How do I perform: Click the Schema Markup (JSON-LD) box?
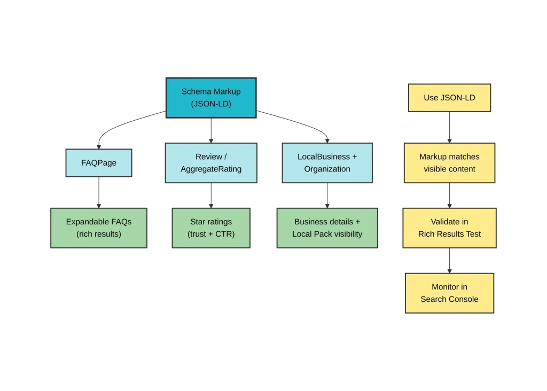[211, 98]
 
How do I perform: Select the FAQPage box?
[99, 163]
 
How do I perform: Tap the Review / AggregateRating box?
[211, 163]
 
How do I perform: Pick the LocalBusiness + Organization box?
[327, 163]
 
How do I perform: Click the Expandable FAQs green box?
[99, 228]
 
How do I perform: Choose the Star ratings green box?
[211, 228]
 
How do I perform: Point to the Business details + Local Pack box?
[327, 228]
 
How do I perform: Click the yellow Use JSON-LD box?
[449, 98]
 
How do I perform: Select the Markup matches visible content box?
[449, 163]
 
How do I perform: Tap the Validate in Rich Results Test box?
[449, 228]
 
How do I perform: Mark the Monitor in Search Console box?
[449, 293]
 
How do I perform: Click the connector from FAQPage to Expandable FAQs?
[99, 192]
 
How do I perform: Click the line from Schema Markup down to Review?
[212, 130]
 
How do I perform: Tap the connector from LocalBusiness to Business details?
[327, 195]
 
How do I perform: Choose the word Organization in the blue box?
[327, 169]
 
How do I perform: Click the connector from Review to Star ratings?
[212, 195]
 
